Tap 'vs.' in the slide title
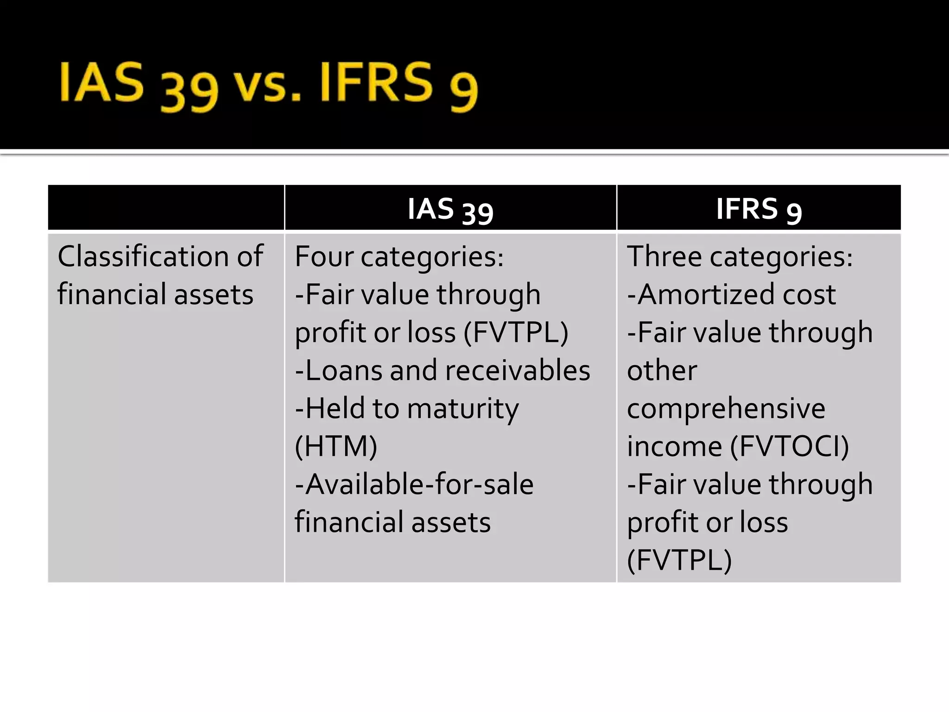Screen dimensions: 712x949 point(268,86)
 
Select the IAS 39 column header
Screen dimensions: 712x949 point(450,209)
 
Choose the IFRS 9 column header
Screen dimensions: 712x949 point(759,209)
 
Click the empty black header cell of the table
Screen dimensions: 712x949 point(166,207)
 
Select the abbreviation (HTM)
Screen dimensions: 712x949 point(336,446)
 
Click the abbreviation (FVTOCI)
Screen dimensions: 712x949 point(790,446)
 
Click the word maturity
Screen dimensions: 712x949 point(463,409)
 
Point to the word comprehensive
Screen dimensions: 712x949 point(726,409)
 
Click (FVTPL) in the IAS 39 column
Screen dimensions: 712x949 point(515,332)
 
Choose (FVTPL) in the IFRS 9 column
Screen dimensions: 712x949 point(679,560)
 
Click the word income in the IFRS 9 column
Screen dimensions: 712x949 point(674,446)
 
